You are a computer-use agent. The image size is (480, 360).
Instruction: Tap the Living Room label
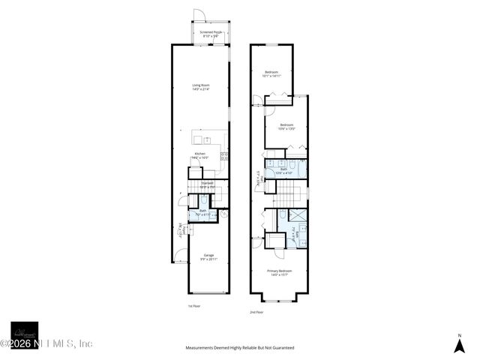tap(199, 88)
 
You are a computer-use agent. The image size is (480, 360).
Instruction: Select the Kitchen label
tap(199, 155)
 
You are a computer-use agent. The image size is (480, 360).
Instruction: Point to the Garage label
tap(208, 257)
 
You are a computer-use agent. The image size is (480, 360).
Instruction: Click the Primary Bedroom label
tap(279, 272)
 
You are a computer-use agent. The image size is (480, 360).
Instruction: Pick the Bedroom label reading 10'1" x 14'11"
tap(271, 73)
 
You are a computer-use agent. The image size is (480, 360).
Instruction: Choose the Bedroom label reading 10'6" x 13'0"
tap(286, 126)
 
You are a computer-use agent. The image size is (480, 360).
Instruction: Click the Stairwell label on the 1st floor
tap(206, 184)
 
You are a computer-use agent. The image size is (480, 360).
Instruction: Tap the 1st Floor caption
tap(195, 306)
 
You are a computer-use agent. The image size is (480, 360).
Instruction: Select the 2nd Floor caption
tap(258, 312)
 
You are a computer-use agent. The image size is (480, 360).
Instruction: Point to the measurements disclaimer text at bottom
tap(240, 348)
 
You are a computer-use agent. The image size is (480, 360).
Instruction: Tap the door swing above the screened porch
tap(198, 15)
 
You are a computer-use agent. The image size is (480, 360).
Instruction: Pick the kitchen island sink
tap(208, 139)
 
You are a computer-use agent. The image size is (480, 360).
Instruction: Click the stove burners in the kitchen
tap(224, 156)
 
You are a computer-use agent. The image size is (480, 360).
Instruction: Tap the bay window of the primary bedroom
tap(279, 298)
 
